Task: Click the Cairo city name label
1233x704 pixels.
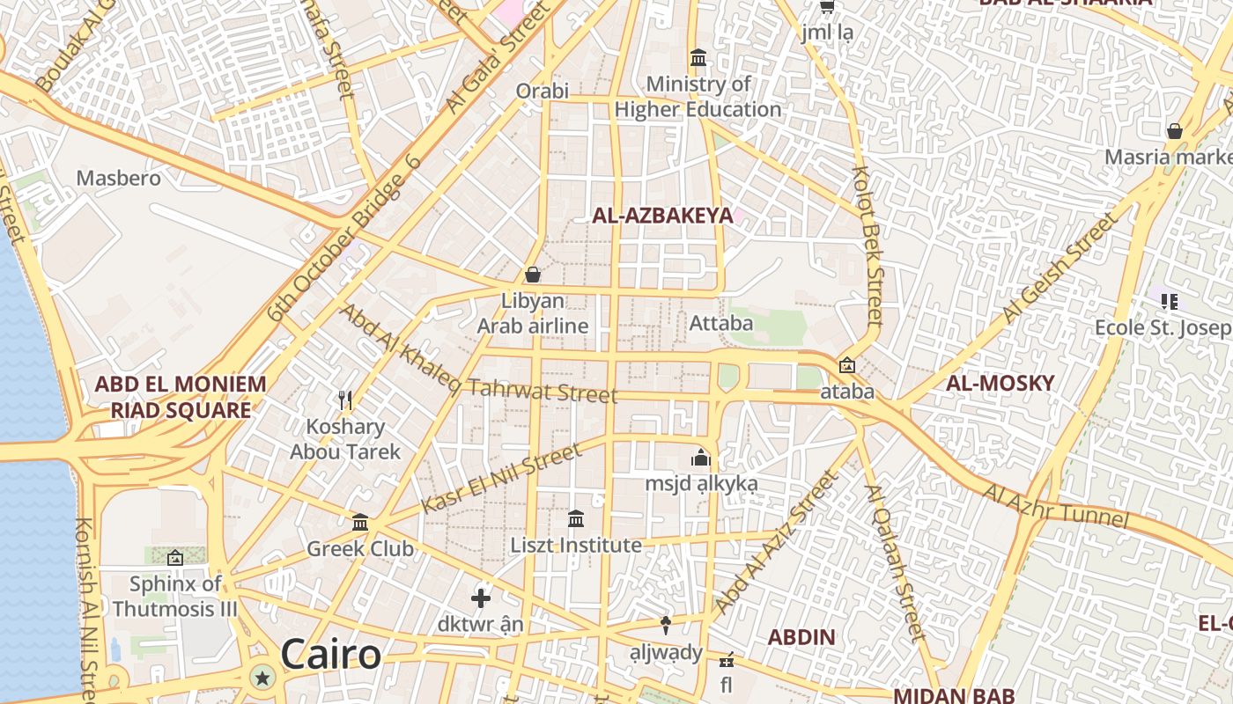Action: tap(331, 656)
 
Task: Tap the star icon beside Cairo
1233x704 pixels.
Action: tap(262, 678)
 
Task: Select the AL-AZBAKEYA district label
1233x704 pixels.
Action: tap(662, 216)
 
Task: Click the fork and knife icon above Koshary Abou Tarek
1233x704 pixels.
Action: tap(345, 400)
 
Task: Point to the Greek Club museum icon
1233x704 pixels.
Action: tap(360, 523)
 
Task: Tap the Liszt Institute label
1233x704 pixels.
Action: tap(576, 546)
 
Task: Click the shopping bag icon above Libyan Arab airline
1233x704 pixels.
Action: tap(532, 275)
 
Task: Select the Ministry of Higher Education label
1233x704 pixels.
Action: tap(698, 97)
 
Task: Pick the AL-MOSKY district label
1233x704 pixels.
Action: tap(1000, 383)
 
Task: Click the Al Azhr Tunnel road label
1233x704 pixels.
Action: tap(1055, 505)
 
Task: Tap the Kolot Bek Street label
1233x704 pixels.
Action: tap(867, 246)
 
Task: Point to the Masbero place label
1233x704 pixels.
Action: tap(119, 179)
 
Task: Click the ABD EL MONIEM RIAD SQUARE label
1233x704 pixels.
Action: tap(180, 397)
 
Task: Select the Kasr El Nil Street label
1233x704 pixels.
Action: tap(501, 479)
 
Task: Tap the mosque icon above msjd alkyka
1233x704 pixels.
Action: tap(701, 458)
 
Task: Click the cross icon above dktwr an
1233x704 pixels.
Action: tap(480, 599)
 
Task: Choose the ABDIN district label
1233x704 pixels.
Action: tap(801, 637)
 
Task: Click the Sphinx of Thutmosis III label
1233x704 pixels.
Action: tap(175, 597)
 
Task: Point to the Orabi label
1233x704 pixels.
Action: tap(543, 91)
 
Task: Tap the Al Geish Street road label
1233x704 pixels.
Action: tap(1059, 269)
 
